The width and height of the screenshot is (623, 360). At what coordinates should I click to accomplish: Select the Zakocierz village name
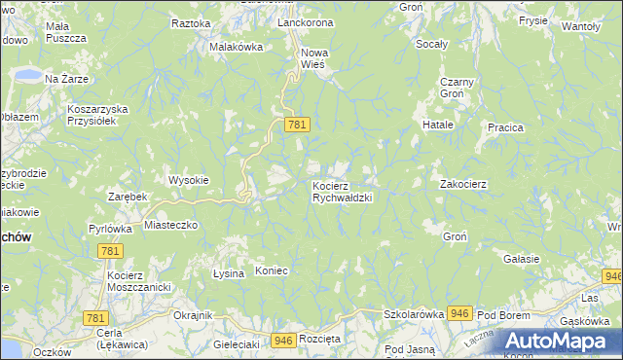[463, 183]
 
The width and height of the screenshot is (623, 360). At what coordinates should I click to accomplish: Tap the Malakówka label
[237, 46]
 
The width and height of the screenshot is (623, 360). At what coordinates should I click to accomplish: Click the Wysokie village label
[188, 180]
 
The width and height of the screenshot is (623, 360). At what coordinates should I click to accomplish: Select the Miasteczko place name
[171, 225]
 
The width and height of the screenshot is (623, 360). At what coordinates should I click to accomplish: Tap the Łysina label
[229, 273]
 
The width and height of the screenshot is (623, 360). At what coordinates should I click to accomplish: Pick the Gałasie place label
[522, 258]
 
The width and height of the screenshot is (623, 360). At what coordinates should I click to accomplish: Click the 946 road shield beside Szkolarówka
[460, 313]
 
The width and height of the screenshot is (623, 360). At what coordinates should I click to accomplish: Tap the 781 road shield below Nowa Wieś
[297, 125]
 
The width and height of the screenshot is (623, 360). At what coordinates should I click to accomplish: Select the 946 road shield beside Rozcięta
[283, 340]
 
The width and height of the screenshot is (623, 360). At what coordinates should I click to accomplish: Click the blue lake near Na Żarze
[27, 76]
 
